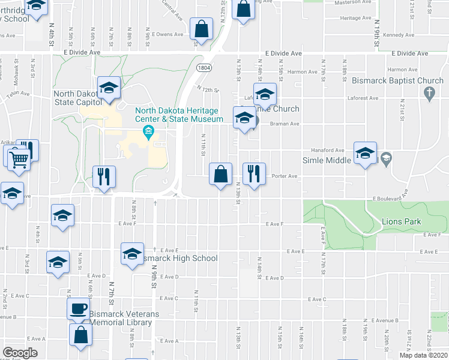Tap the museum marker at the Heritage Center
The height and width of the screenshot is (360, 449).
coord(146,131)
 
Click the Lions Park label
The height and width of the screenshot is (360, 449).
coord(401,222)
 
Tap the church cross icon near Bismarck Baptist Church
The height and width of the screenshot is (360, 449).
coord(429,92)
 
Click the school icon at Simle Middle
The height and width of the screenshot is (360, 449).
coord(365,153)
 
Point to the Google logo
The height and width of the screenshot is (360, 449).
coord(20,353)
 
